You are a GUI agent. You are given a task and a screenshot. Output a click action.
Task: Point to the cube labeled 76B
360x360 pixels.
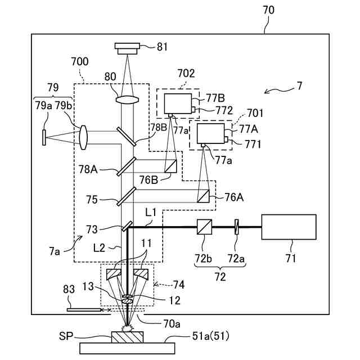[x=170, y=165]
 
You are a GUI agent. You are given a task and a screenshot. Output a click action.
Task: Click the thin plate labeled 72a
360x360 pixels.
[x=237, y=227]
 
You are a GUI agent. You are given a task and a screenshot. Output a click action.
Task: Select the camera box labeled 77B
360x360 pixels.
[x=176, y=104]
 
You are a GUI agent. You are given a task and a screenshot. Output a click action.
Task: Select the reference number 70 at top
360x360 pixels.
[x=268, y=10]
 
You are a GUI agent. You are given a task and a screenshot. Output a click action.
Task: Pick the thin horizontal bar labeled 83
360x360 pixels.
[x=83, y=309]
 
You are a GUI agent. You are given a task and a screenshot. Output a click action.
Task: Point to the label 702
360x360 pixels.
[x=186, y=73]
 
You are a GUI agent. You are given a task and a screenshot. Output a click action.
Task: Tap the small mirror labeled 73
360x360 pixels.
[x=127, y=226]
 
